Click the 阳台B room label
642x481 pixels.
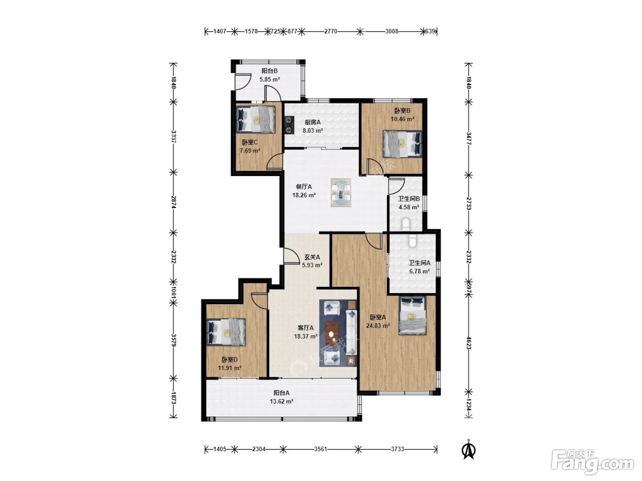269,71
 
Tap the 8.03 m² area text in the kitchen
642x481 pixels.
313,131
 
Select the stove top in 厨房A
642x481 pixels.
289,125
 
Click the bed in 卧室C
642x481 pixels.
255,120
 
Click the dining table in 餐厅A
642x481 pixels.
341,193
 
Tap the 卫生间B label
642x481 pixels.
409,199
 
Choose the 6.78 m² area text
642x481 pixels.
420,271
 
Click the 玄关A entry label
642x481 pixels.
312,257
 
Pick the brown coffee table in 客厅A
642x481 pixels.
332,333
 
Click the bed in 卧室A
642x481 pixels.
413,316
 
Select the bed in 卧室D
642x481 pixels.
226,332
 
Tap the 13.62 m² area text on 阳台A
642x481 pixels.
282,401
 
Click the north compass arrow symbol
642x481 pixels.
468,450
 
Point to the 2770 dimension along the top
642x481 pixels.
331,31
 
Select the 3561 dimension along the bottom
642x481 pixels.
321,449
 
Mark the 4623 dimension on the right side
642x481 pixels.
469,343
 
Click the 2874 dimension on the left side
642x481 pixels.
173,202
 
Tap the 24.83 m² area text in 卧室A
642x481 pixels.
378,326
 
